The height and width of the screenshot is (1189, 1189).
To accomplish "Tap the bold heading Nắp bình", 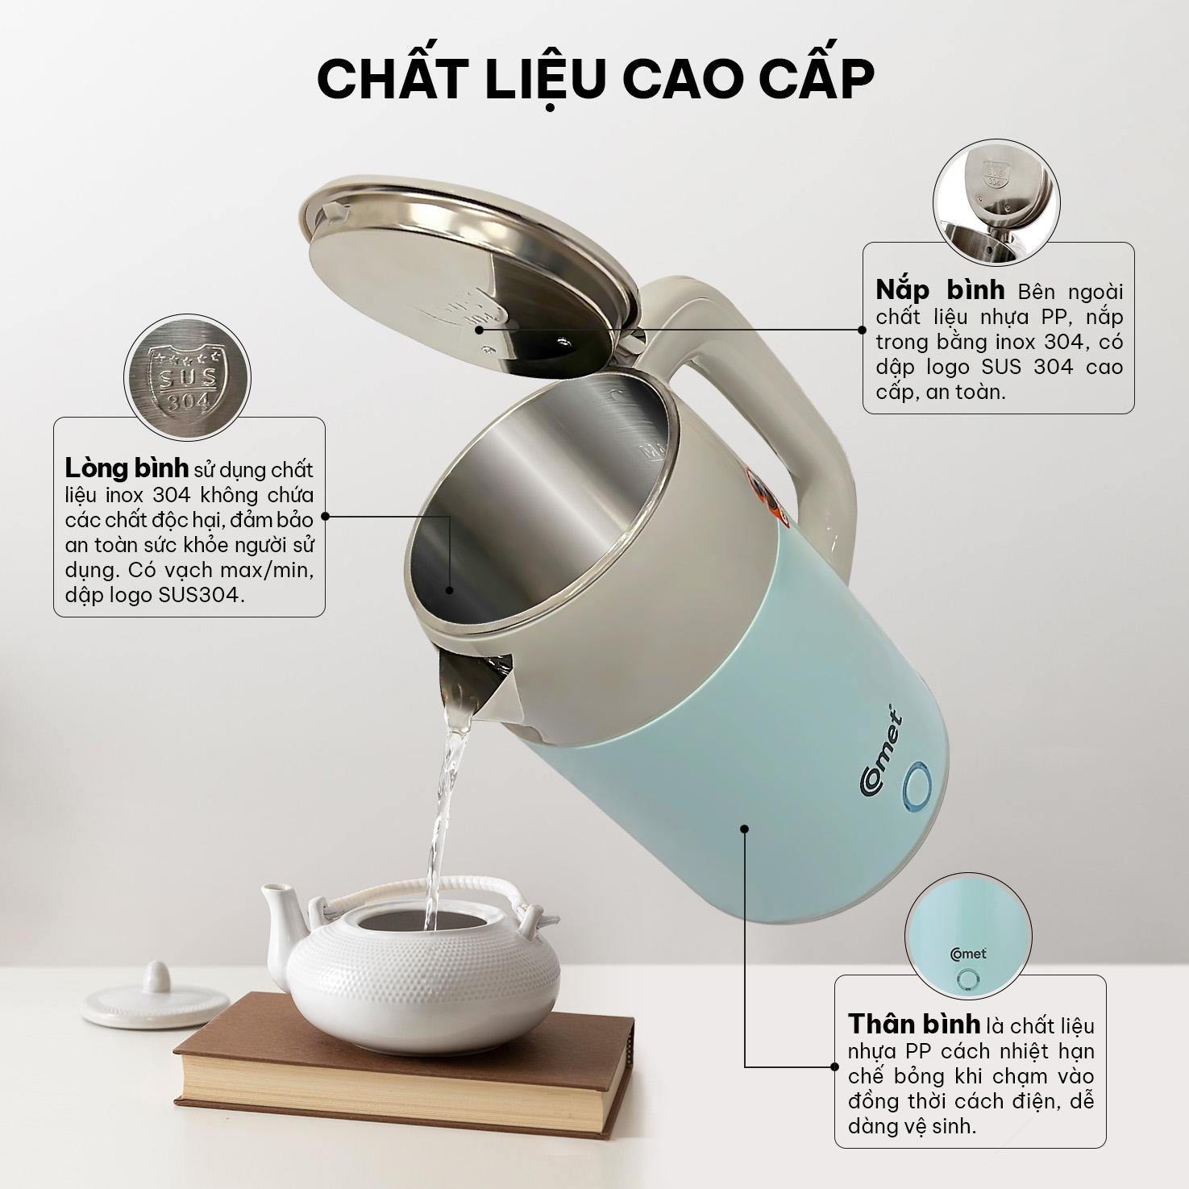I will [940, 289].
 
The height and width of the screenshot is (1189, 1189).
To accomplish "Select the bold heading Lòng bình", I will [127, 468].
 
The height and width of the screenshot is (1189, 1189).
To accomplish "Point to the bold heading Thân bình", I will [914, 1025].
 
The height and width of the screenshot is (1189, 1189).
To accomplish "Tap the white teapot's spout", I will [278, 911].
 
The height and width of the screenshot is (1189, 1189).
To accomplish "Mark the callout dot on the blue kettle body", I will [745, 828].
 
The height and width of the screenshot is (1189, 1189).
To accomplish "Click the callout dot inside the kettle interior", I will [450, 590].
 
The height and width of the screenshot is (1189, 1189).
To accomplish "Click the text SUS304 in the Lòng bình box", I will [208, 596].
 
